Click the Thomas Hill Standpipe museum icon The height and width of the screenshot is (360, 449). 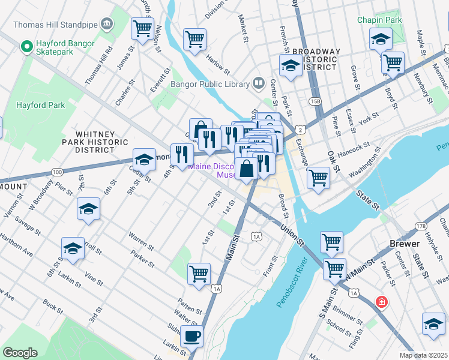coord(107,25)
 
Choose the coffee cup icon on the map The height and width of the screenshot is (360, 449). coord(192,336)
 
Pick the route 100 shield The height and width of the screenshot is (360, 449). coord(57,172)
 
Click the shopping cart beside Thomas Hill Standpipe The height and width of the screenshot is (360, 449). coord(142,28)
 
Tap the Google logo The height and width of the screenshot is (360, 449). coord(20,352)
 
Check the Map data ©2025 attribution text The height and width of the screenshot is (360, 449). coord(423,355)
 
